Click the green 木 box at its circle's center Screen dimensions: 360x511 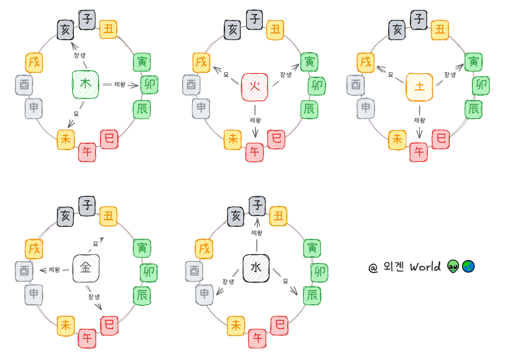86,84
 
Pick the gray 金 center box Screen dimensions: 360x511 86,268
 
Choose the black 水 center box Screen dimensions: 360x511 256,268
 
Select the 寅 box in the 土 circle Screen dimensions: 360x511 473,62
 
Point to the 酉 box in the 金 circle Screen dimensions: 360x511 24,270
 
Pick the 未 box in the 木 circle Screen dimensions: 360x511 66,139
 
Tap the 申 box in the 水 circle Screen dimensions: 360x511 204,294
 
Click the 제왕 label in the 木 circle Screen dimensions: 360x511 119,84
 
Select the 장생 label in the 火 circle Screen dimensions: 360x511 286,75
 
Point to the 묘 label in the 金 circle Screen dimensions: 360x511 95,243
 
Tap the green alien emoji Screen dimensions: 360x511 453,266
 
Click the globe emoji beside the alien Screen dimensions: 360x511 468,266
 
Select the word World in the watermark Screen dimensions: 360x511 425,267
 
